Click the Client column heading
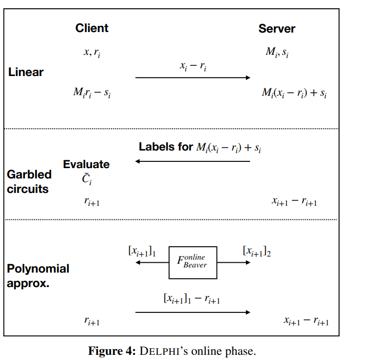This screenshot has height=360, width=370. pos(92,28)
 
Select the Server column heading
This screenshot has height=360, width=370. pos(277,28)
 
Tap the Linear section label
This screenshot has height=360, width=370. pos(26,72)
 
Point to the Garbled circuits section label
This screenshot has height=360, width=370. pos(29,182)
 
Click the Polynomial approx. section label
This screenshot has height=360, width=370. pos(38,276)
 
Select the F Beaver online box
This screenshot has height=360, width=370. pos(193,262)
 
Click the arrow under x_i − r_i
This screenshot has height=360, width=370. pos(193,78)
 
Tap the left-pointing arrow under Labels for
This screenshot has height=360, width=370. pos(193,161)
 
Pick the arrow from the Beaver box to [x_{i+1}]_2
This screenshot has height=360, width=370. pos(234,262)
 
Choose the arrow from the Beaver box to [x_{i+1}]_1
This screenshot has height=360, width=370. pos(152,262)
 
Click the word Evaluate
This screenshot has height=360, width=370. pos(86,164)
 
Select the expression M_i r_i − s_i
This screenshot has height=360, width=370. pos(92,93)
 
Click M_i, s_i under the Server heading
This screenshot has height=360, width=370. pos(277,52)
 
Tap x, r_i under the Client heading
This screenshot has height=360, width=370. pos(92,52)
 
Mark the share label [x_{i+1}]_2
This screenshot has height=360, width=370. pos(257,251)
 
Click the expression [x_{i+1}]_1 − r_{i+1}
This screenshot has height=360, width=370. pos(192,298)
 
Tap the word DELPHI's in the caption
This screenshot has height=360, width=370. pos(164,351)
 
